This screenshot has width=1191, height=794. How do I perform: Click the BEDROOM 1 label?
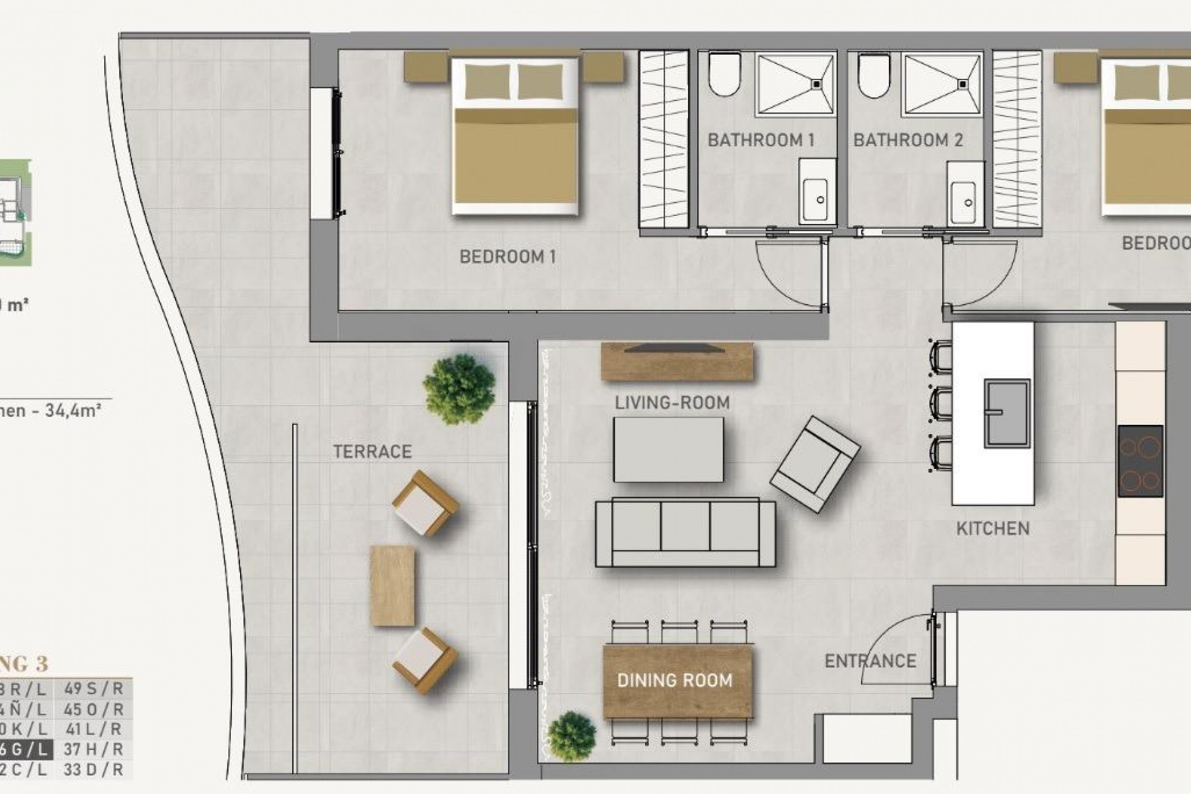click(x=507, y=256)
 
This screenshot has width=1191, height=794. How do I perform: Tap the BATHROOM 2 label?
click(x=908, y=140)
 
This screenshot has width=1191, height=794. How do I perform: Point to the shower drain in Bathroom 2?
click(x=963, y=83)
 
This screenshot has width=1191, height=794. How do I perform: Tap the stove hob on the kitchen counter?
click(x=1140, y=461)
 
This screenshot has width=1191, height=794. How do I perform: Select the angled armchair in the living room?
click(x=814, y=463)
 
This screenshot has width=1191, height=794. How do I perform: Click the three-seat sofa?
click(x=685, y=533)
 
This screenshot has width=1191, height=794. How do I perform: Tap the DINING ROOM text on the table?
click(x=675, y=680)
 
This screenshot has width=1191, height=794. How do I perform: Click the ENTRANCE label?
click(x=870, y=661)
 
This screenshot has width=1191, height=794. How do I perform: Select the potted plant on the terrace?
click(x=459, y=389)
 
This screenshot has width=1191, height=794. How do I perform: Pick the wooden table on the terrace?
click(x=392, y=586)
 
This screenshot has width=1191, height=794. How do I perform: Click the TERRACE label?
click(x=372, y=452)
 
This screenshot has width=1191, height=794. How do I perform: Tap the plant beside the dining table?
click(x=571, y=736)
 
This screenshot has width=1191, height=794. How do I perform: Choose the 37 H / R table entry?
click(x=93, y=749)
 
